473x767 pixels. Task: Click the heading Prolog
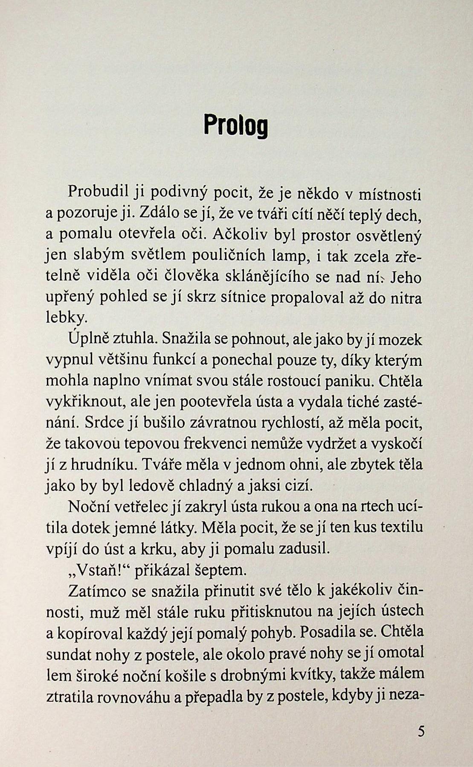[x=236, y=125]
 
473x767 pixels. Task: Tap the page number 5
[x=421, y=731]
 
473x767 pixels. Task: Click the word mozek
[x=400, y=340]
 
